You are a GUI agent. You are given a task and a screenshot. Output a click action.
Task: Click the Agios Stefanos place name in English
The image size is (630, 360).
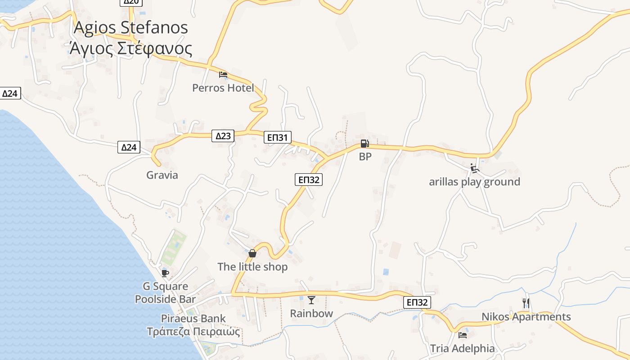[130, 28]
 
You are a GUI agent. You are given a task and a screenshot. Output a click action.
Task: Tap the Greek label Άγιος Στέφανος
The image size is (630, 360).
[130, 49]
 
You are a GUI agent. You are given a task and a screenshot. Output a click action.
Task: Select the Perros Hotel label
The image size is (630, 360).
[223, 88]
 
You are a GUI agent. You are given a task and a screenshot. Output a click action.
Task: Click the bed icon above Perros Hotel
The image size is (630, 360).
[223, 75]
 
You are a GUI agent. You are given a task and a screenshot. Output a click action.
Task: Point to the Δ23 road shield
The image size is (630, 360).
[223, 135]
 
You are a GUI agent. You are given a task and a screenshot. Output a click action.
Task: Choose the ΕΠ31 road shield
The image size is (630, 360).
[278, 137]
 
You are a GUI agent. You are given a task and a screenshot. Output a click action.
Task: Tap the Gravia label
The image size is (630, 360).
[162, 175]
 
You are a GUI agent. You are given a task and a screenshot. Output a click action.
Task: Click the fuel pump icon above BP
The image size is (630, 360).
[364, 144]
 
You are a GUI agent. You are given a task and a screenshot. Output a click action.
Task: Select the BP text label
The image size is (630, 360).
[365, 157]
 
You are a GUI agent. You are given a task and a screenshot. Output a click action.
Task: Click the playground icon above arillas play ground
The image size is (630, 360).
[474, 168]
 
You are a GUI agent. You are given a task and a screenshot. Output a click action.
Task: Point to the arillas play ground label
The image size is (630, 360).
[474, 182]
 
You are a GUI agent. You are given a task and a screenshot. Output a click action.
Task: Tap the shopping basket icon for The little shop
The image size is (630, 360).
[252, 253]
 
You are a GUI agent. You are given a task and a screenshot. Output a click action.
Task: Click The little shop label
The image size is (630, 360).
[252, 267]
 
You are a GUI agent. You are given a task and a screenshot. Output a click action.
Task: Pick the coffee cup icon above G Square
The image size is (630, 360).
[165, 273]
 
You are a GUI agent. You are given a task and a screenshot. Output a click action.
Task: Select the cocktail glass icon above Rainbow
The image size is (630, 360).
[311, 300]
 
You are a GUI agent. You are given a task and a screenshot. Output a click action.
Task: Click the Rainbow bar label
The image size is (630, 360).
[311, 313]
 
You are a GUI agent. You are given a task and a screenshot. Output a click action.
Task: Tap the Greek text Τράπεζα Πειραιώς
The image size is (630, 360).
[193, 332]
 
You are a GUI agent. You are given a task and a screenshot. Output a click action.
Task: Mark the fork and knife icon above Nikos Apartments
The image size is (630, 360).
[526, 303]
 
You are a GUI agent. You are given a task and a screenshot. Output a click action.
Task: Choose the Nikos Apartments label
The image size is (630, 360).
[526, 317]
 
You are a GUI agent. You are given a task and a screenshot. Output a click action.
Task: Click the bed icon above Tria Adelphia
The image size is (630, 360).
[462, 335]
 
